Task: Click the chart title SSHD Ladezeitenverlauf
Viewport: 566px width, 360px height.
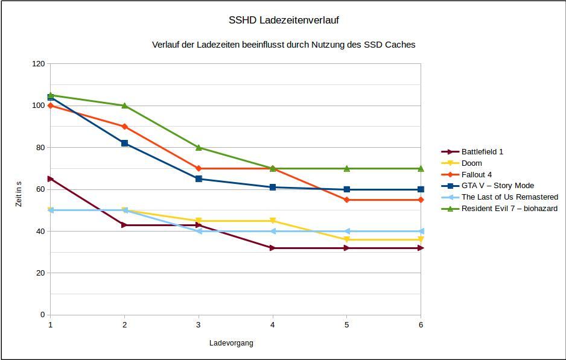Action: pos(284,20)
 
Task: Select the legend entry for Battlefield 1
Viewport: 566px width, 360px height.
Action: pos(482,152)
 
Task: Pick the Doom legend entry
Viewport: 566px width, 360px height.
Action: pos(471,163)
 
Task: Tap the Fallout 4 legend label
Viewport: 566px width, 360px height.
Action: pos(477,175)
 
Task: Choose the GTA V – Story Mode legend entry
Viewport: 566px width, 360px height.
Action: pos(497,186)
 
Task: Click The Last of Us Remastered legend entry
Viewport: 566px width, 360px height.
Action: pos(509,197)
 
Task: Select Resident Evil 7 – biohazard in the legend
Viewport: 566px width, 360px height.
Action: pos(509,209)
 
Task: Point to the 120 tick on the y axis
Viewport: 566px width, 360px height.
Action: pos(39,63)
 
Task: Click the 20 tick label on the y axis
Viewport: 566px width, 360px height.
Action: pos(40,273)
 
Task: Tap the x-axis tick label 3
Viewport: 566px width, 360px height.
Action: pos(199,324)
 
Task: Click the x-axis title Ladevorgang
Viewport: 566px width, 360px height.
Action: pos(231,343)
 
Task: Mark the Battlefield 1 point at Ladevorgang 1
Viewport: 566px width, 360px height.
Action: pos(51,179)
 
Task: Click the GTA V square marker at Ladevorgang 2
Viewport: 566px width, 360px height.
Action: pos(124,144)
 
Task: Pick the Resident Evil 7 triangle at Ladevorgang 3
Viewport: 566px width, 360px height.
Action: pos(199,147)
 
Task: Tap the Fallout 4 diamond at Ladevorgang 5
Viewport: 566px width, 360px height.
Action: pos(346,200)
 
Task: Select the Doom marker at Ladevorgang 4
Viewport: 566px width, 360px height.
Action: pos(273,221)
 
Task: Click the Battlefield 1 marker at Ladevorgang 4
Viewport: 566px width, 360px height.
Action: pos(273,248)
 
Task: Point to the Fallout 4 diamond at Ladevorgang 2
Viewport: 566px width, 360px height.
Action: pos(124,127)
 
